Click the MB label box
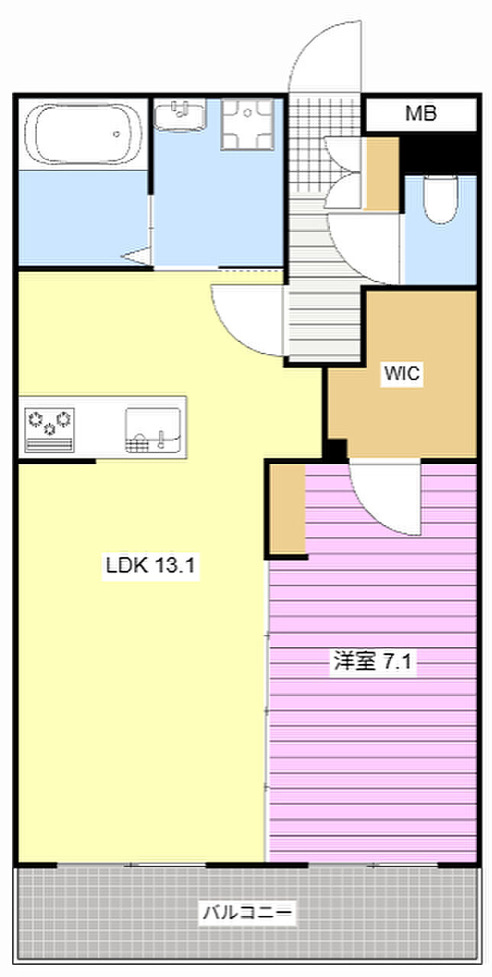pos(420,115)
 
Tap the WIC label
pos(402,374)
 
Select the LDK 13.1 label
pos(152,566)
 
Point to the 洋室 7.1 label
pos(372,661)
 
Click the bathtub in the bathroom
pos(83,136)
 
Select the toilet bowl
pos(440,198)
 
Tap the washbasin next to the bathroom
pos(180,116)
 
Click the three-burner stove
pos(50,427)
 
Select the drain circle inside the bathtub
pos(117,134)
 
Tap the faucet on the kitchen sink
pos(161,438)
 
